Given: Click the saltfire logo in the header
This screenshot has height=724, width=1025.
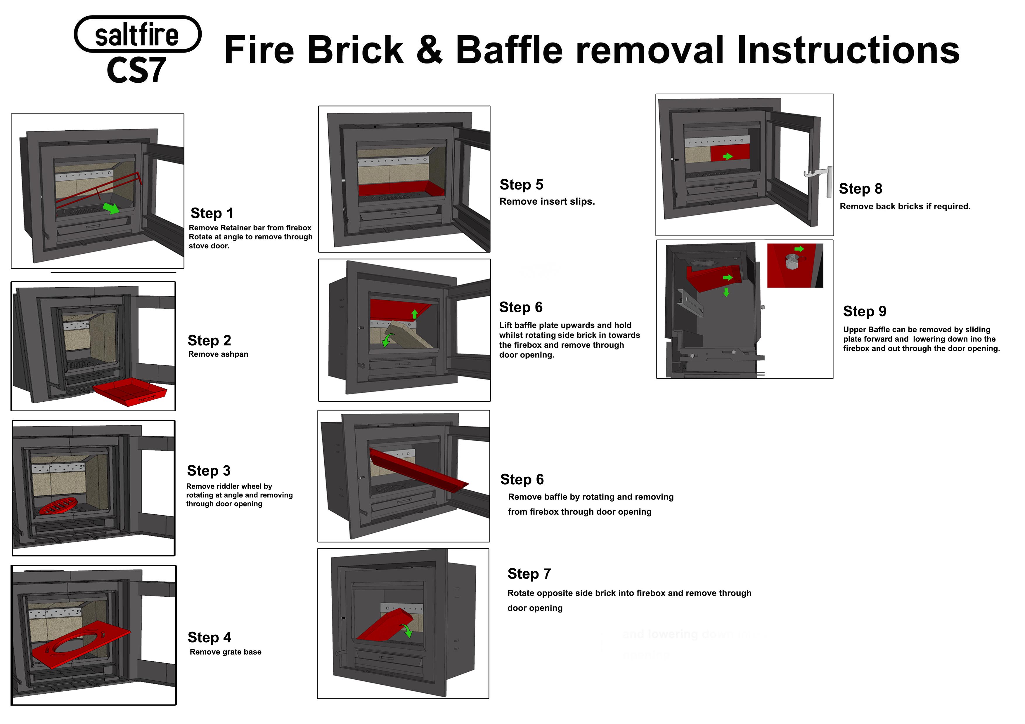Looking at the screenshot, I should [x=137, y=34].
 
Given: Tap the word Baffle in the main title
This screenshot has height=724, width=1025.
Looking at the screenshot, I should [x=509, y=50].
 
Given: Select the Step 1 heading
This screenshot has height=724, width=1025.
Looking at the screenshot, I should [x=212, y=213].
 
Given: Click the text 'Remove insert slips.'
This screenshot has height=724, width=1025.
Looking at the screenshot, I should [x=547, y=202].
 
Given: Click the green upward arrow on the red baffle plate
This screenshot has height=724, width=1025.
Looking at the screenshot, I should [x=415, y=314].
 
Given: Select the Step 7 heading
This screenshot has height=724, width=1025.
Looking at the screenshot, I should [x=529, y=574].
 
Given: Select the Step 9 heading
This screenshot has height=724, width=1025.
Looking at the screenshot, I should [x=864, y=311].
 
